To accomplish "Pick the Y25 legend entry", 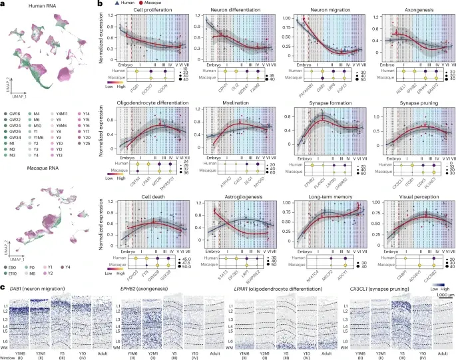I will [x=87, y=152].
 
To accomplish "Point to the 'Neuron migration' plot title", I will [x=317, y=9].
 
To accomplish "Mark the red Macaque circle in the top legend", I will [x=138, y=3].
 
